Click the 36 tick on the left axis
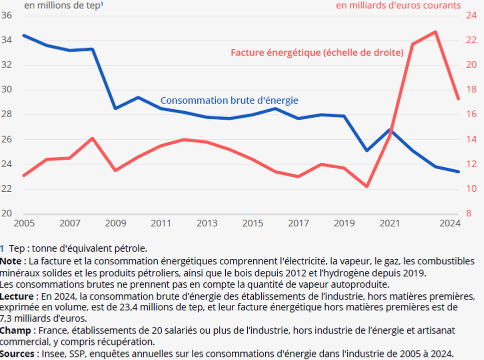(7, 16)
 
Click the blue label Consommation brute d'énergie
(229, 101)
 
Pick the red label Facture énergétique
(317, 53)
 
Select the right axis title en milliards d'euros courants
(398, 6)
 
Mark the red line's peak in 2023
(435, 32)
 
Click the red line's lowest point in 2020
(367, 186)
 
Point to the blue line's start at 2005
(24, 36)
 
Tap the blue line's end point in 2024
(459, 172)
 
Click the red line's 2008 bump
(93, 138)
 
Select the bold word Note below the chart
(11, 261)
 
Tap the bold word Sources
(17, 354)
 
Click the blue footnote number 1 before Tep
(3, 248)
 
